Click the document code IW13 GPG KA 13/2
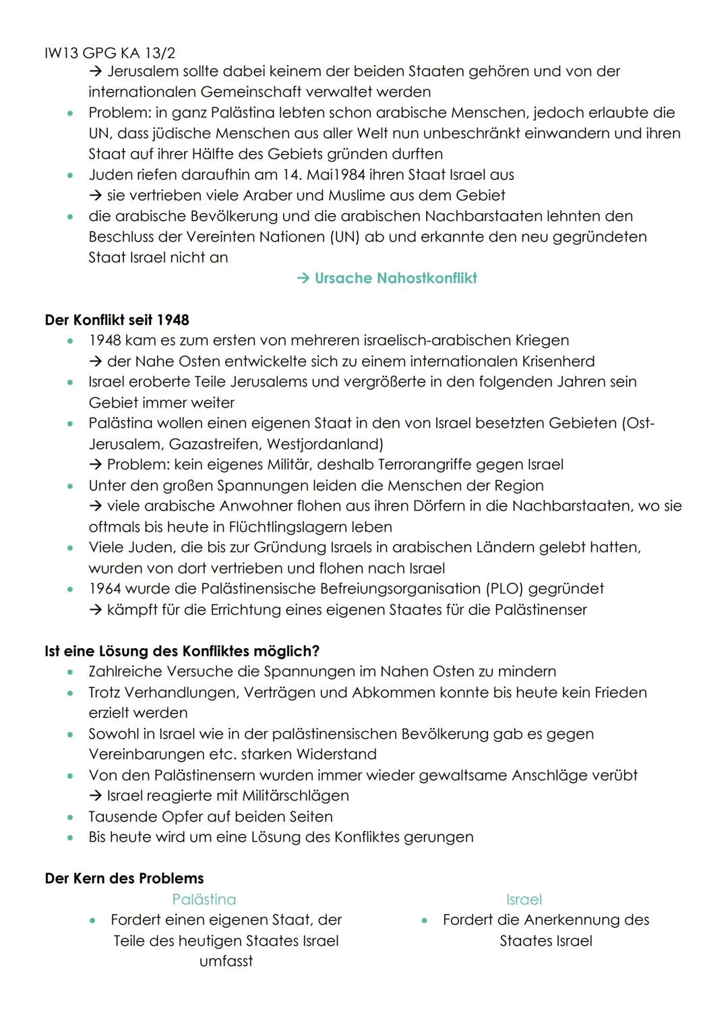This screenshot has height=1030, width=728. (x=110, y=53)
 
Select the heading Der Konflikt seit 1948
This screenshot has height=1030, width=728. (x=117, y=320)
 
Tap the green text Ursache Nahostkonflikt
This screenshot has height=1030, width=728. (x=396, y=279)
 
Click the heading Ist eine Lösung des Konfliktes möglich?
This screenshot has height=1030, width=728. (x=182, y=651)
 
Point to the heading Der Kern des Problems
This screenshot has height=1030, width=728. (x=124, y=878)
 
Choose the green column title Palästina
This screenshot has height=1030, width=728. (x=204, y=899)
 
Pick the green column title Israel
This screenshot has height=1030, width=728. (x=524, y=899)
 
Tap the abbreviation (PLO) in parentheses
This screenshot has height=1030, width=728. (x=504, y=589)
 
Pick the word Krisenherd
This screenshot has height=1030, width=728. (x=558, y=361)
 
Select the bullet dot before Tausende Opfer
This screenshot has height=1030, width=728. (x=70, y=817)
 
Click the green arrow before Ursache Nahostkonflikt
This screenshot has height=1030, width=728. (x=303, y=279)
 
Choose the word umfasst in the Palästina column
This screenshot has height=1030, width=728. (x=226, y=961)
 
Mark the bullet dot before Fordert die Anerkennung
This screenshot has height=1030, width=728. (x=425, y=920)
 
